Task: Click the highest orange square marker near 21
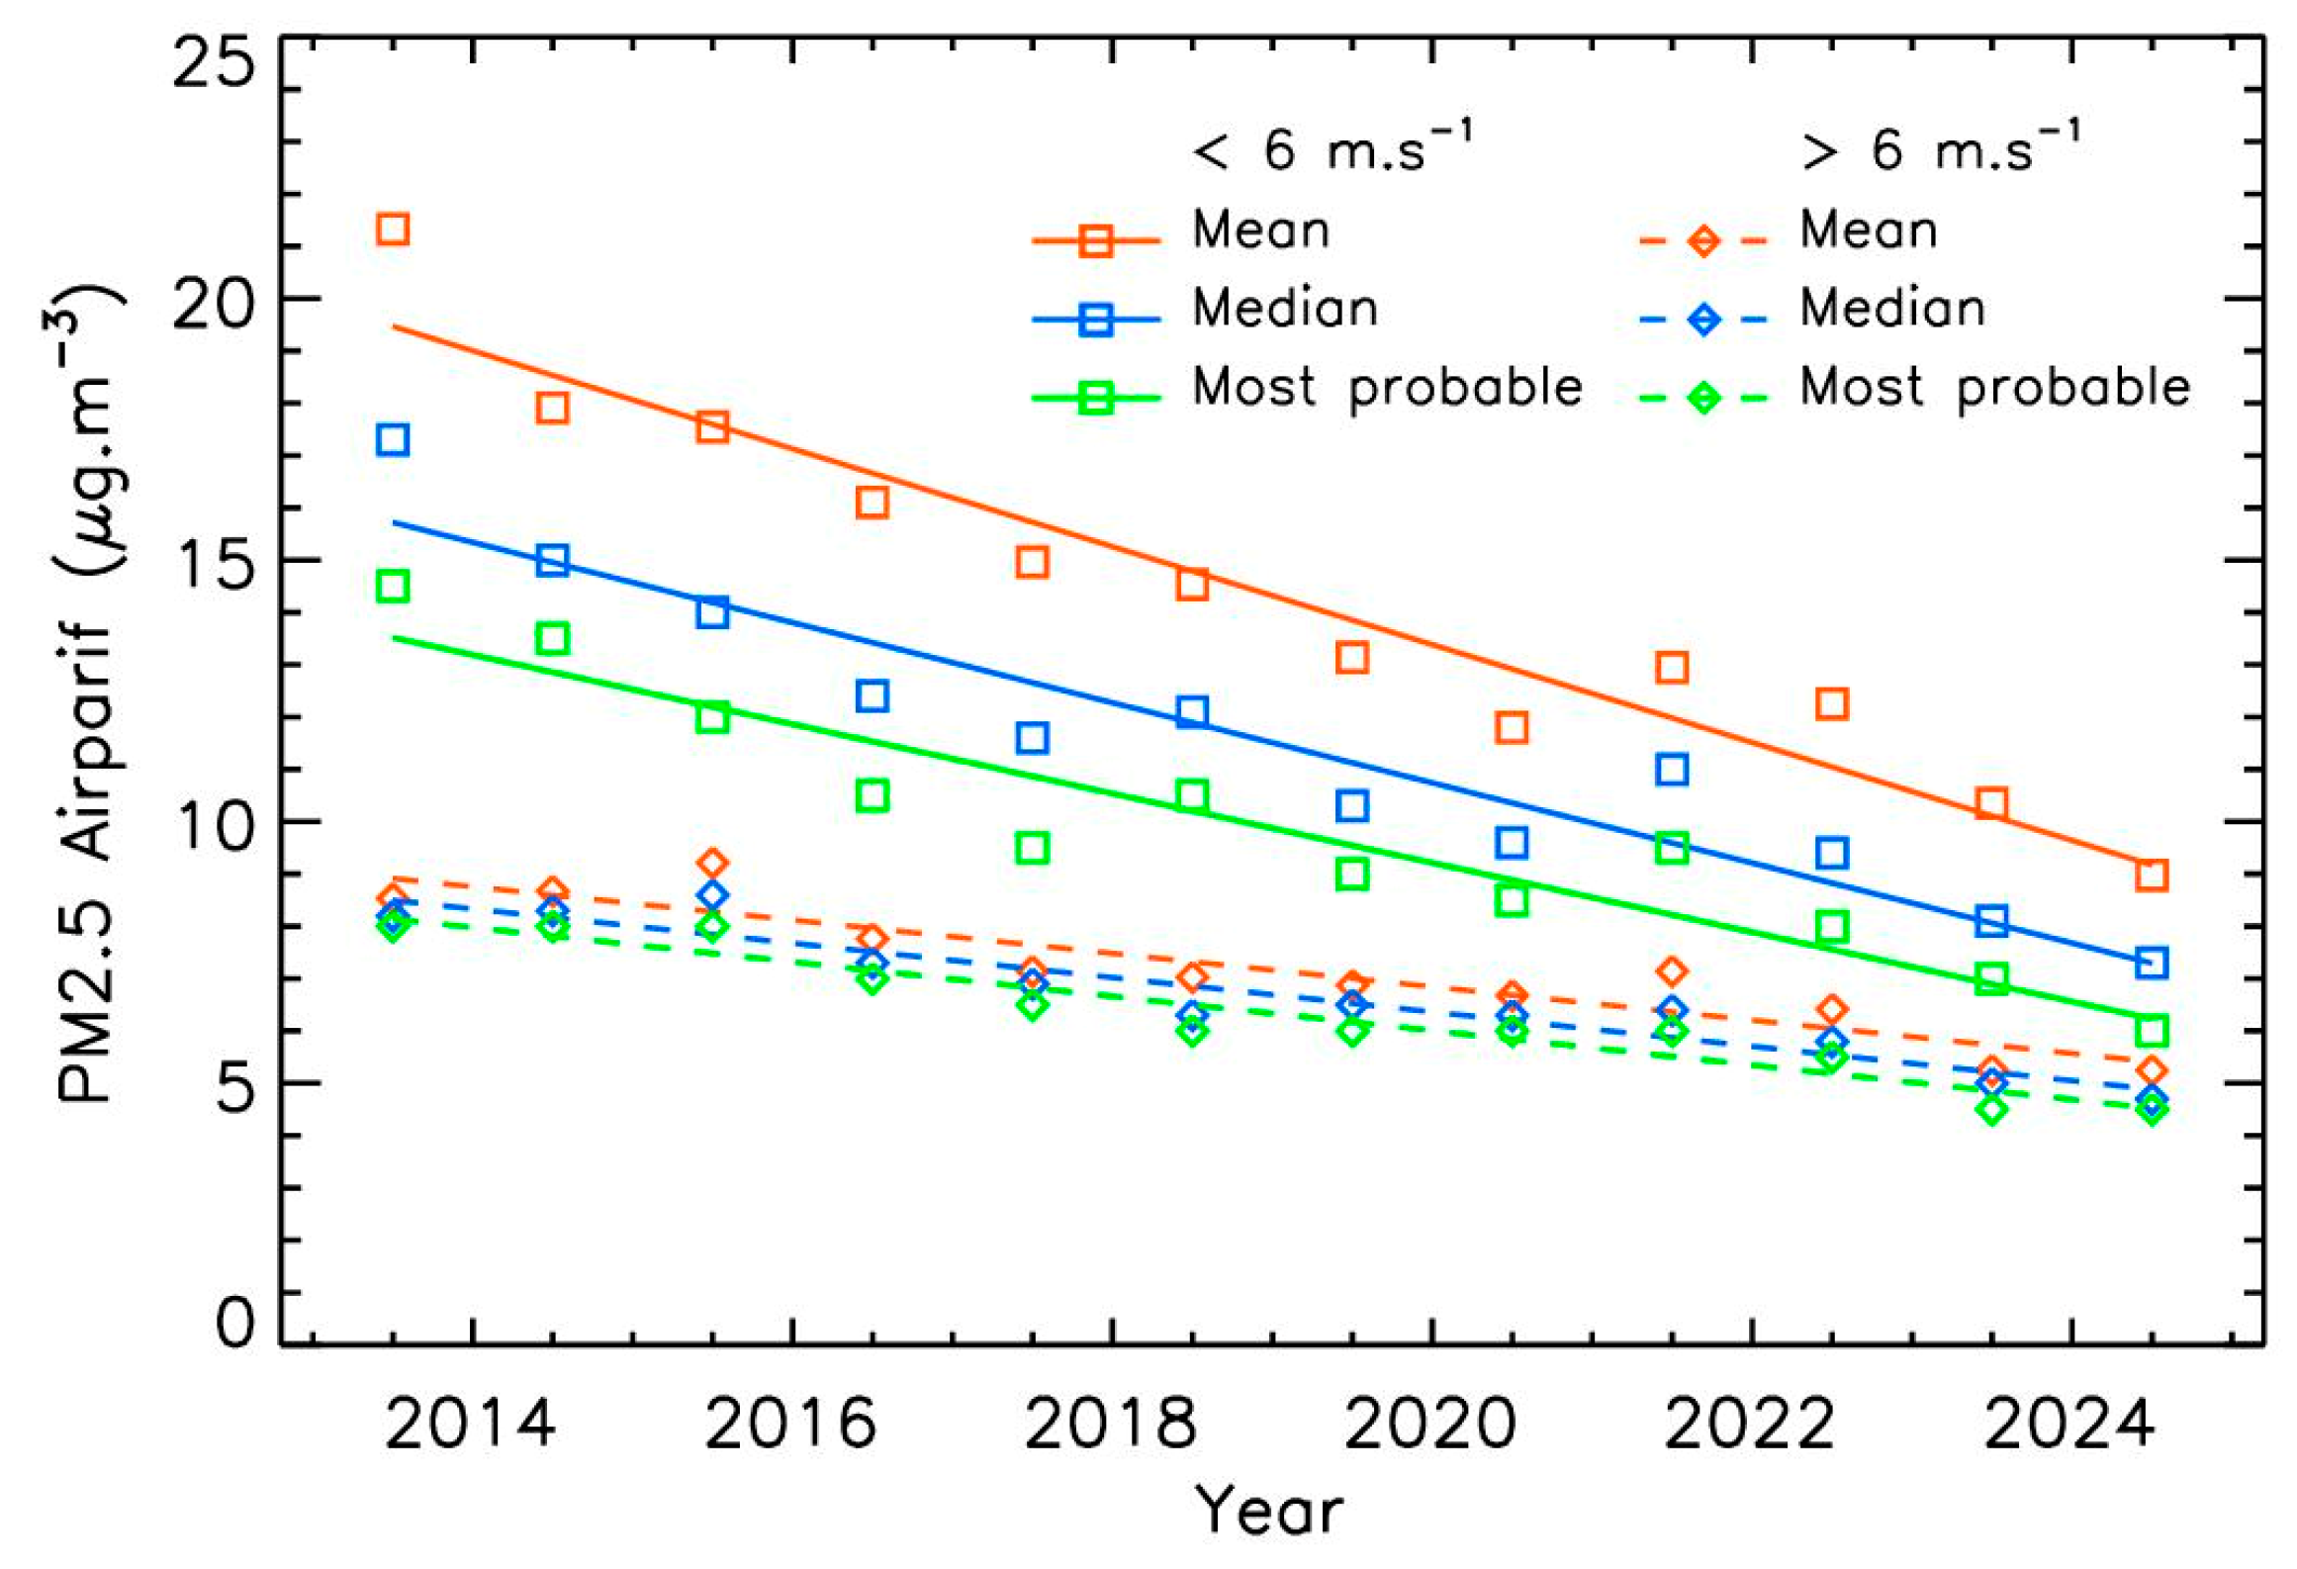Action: pyautogui.click(x=393, y=230)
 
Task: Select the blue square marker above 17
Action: pyautogui.click(x=393, y=439)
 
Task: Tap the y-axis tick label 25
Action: pyautogui.click(x=213, y=65)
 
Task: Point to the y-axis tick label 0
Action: pyautogui.click(x=235, y=1323)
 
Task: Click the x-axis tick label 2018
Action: pyautogui.click(x=1111, y=1426)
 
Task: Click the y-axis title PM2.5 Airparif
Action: pyautogui.click(x=87, y=692)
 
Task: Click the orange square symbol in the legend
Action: pyautogui.click(x=1096, y=240)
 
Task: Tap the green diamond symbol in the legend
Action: pyautogui.click(x=1703, y=399)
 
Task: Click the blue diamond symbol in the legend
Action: pyautogui.click(x=1703, y=320)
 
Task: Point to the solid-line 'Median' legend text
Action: pyautogui.click(x=1285, y=309)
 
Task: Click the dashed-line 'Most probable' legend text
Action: pyautogui.click(x=1994, y=388)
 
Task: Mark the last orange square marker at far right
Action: pyautogui.click(x=2152, y=876)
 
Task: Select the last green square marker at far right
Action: pyautogui.click(x=2152, y=1031)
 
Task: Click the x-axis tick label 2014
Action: pyautogui.click(x=470, y=1426)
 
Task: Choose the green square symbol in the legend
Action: pyautogui.click(x=1096, y=399)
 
